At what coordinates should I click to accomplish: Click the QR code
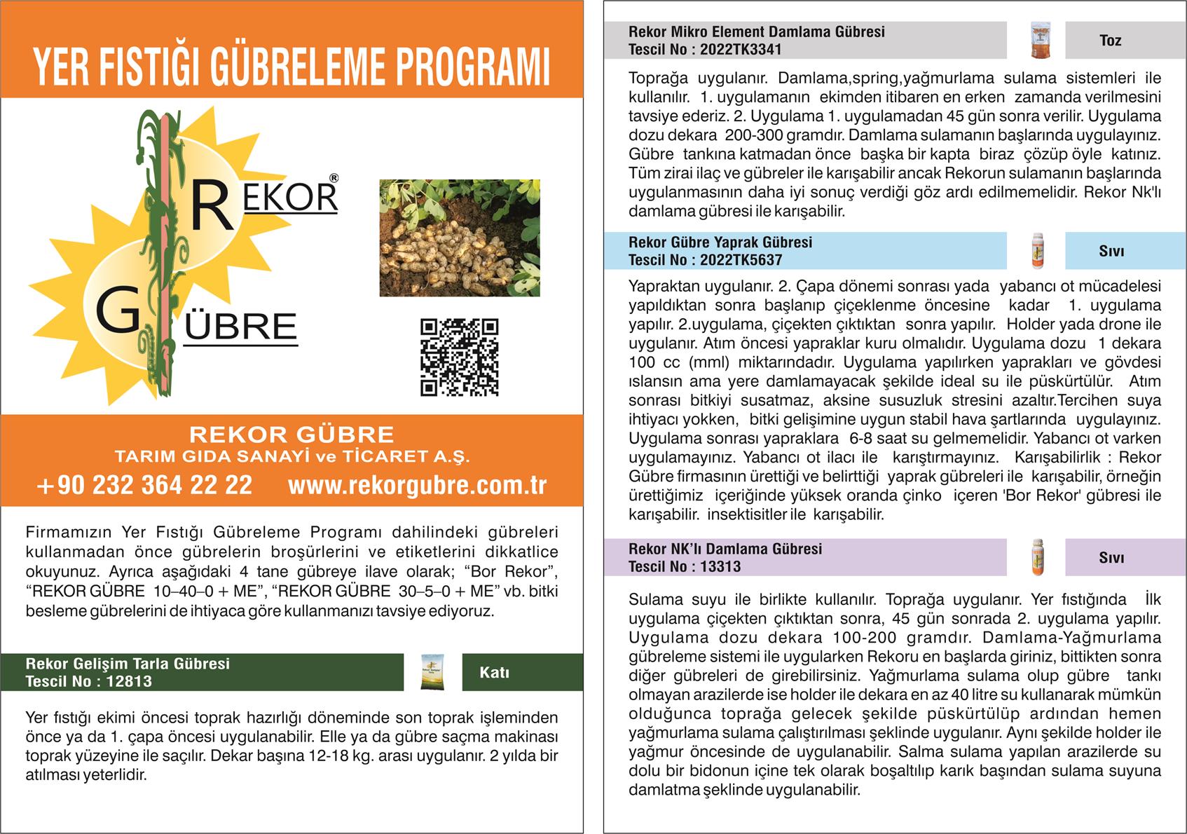pyautogui.click(x=459, y=357)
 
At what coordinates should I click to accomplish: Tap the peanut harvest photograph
pyautogui.click(x=460, y=238)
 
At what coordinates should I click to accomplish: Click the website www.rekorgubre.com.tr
pyautogui.click(x=417, y=485)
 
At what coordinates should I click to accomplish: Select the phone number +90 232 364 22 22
pyautogui.click(x=144, y=485)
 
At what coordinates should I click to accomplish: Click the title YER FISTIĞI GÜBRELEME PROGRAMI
pyautogui.click(x=291, y=67)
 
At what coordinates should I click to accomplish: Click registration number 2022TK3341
pyautogui.click(x=741, y=50)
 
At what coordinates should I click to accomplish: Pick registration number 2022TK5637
pyautogui.click(x=741, y=260)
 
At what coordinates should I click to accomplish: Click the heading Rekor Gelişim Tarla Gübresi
pyautogui.click(x=128, y=664)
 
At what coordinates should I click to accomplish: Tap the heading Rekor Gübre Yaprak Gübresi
pyautogui.click(x=720, y=242)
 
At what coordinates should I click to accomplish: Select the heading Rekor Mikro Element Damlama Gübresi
pyautogui.click(x=756, y=32)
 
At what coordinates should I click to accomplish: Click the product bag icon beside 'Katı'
pyautogui.click(x=432, y=672)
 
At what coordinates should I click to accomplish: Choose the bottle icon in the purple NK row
pyautogui.click(x=1038, y=558)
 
